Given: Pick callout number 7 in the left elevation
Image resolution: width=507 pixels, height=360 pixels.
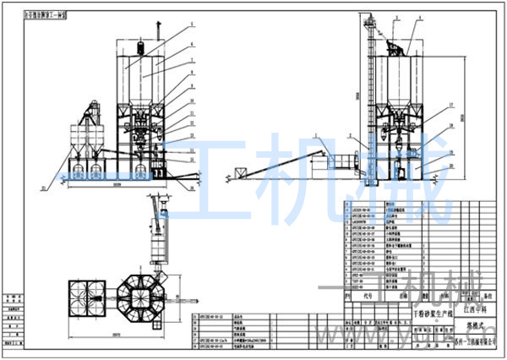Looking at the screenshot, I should click(192, 61).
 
